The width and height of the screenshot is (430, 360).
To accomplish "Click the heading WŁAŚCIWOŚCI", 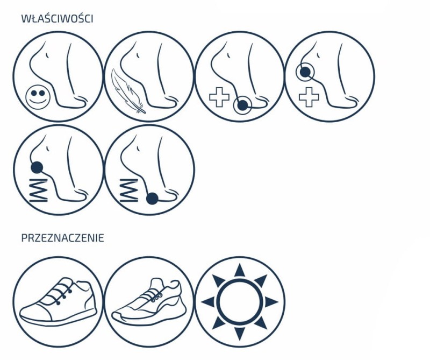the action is (x=57, y=18).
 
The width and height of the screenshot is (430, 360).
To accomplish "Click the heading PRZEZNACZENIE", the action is (x=62, y=238).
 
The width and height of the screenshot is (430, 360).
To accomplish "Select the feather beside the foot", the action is (x=127, y=91).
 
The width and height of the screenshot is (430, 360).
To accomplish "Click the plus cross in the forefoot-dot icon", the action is (x=219, y=97).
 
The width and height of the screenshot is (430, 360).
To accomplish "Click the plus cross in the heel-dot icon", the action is (x=309, y=97).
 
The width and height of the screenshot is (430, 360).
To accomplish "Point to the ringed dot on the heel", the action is (x=305, y=72).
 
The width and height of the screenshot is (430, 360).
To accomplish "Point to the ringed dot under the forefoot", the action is (x=243, y=105).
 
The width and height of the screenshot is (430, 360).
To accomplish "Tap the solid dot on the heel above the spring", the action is (x=37, y=167).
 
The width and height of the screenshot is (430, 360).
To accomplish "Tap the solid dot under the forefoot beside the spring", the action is (x=152, y=199).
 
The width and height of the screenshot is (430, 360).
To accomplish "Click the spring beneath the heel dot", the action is (x=38, y=190).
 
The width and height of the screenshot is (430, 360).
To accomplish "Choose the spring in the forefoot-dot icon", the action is (x=128, y=190).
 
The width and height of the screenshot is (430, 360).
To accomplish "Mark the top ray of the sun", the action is (x=240, y=270).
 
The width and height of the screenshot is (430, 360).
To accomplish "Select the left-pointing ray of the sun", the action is (x=208, y=302).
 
